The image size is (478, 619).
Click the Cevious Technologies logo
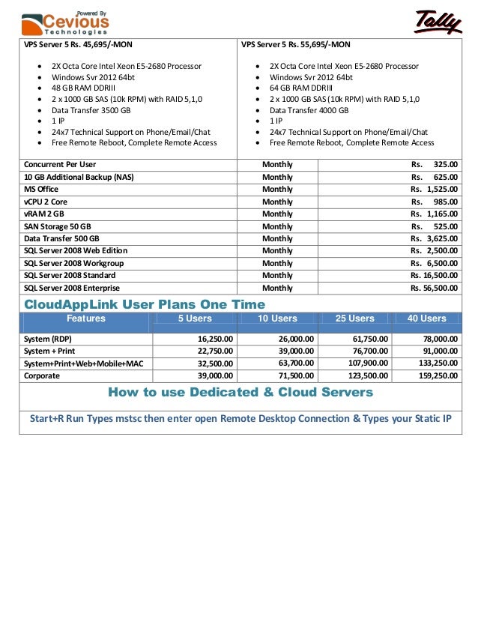point(65,22)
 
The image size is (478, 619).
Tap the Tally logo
point(438,22)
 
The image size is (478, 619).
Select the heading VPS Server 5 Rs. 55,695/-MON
point(295,44)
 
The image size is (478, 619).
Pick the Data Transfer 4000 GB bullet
point(309,109)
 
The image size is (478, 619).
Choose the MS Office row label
point(41,190)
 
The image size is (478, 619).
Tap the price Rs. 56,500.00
point(434,288)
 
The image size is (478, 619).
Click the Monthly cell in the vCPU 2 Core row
point(277,202)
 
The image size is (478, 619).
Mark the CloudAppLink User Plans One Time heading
point(145,304)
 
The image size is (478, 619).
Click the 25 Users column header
point(354,318)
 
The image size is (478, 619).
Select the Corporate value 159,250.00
point(435,375)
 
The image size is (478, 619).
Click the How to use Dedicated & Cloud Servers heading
point(240,392)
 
